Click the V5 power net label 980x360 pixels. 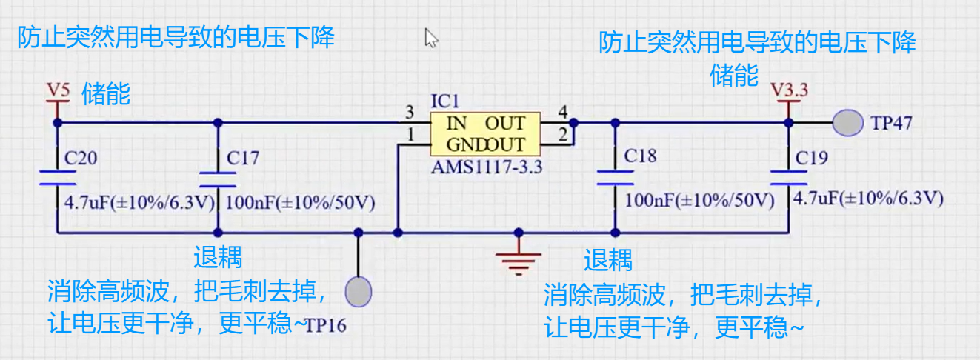59,90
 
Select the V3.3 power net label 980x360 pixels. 789,90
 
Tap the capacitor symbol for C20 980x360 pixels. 57,178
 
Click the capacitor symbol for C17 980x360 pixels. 218,180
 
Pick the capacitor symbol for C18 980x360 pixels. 615,178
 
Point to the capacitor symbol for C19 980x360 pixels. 788,178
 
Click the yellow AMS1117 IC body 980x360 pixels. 485,134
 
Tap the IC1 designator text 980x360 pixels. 445,101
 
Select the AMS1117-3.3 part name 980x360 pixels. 487,167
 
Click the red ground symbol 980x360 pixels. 519,260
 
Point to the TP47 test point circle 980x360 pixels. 847,123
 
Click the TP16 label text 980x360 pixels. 325,325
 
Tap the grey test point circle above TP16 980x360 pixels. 359,292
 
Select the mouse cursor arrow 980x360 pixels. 431,38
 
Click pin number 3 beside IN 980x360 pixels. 410,113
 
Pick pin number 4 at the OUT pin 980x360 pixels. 563,112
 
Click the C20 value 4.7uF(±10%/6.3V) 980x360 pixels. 139,202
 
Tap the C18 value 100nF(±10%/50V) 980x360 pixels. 699,200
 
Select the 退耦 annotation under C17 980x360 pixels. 218,257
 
